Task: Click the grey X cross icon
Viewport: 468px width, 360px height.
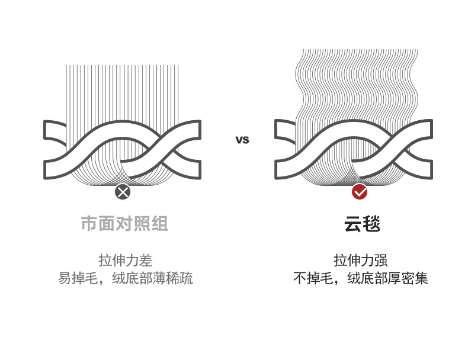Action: pyautogui.click(x=123, y=192)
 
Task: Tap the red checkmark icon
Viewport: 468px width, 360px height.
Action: pyautogui.click(x=360, y=192)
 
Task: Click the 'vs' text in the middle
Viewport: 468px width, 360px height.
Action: pyautogui.click(x=242, y=140)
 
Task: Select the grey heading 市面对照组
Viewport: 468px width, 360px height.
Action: pyautogui.click(x=124, y=224)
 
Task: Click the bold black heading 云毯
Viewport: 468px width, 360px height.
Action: pyautogui.click(x=362, y=224)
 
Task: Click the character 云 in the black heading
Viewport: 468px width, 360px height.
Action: pyautogui.click(x=353, y=224)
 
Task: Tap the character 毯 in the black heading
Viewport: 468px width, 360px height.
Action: pyautogui.click(x=371, y=224)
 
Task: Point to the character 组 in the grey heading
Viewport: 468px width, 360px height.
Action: pyautogui.click(x=160, y=224)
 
